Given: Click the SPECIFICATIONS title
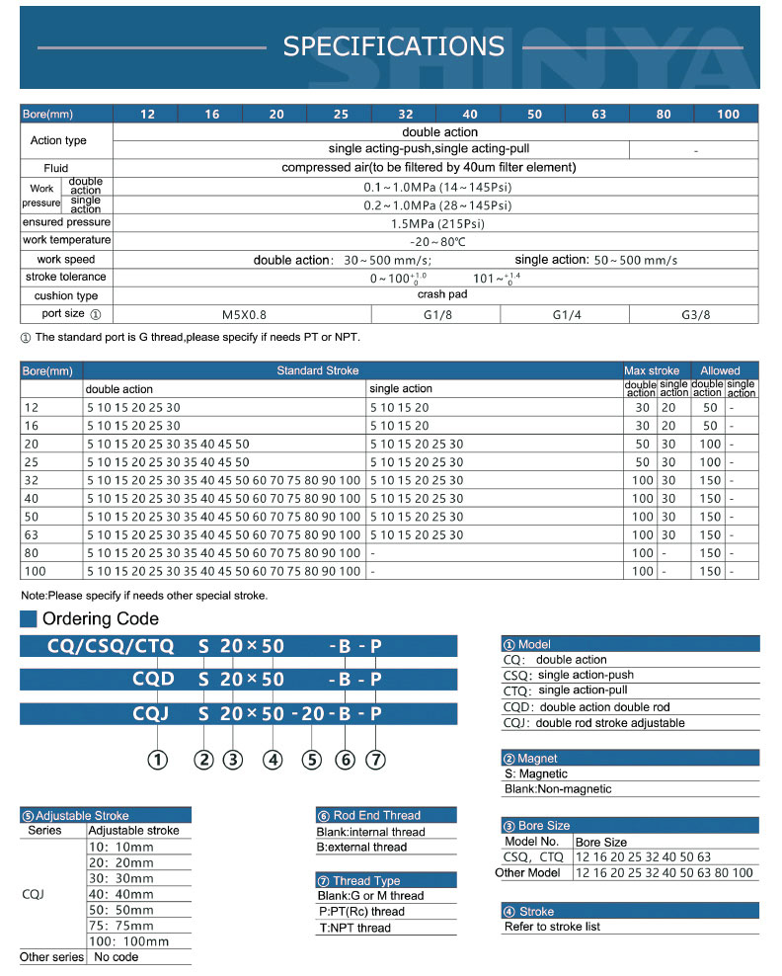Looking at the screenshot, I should (x=393, y=46).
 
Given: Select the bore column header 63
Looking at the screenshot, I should (x=598, y=115).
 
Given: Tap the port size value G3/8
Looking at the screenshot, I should (x=695, y=314).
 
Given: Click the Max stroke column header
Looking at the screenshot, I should (x=652, y=370).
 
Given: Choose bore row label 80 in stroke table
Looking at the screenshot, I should (x=34, y=552).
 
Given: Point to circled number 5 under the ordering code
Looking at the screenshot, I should (x=312, y=760).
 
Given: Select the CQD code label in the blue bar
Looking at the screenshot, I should (x=153, y=680).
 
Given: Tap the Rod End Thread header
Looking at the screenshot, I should (x=376, y=815).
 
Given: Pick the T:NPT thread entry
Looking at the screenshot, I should (x=353, y=928).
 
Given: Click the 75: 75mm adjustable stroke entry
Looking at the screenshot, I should (x=121, y=926).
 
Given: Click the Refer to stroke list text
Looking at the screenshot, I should (x=552, y=927).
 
